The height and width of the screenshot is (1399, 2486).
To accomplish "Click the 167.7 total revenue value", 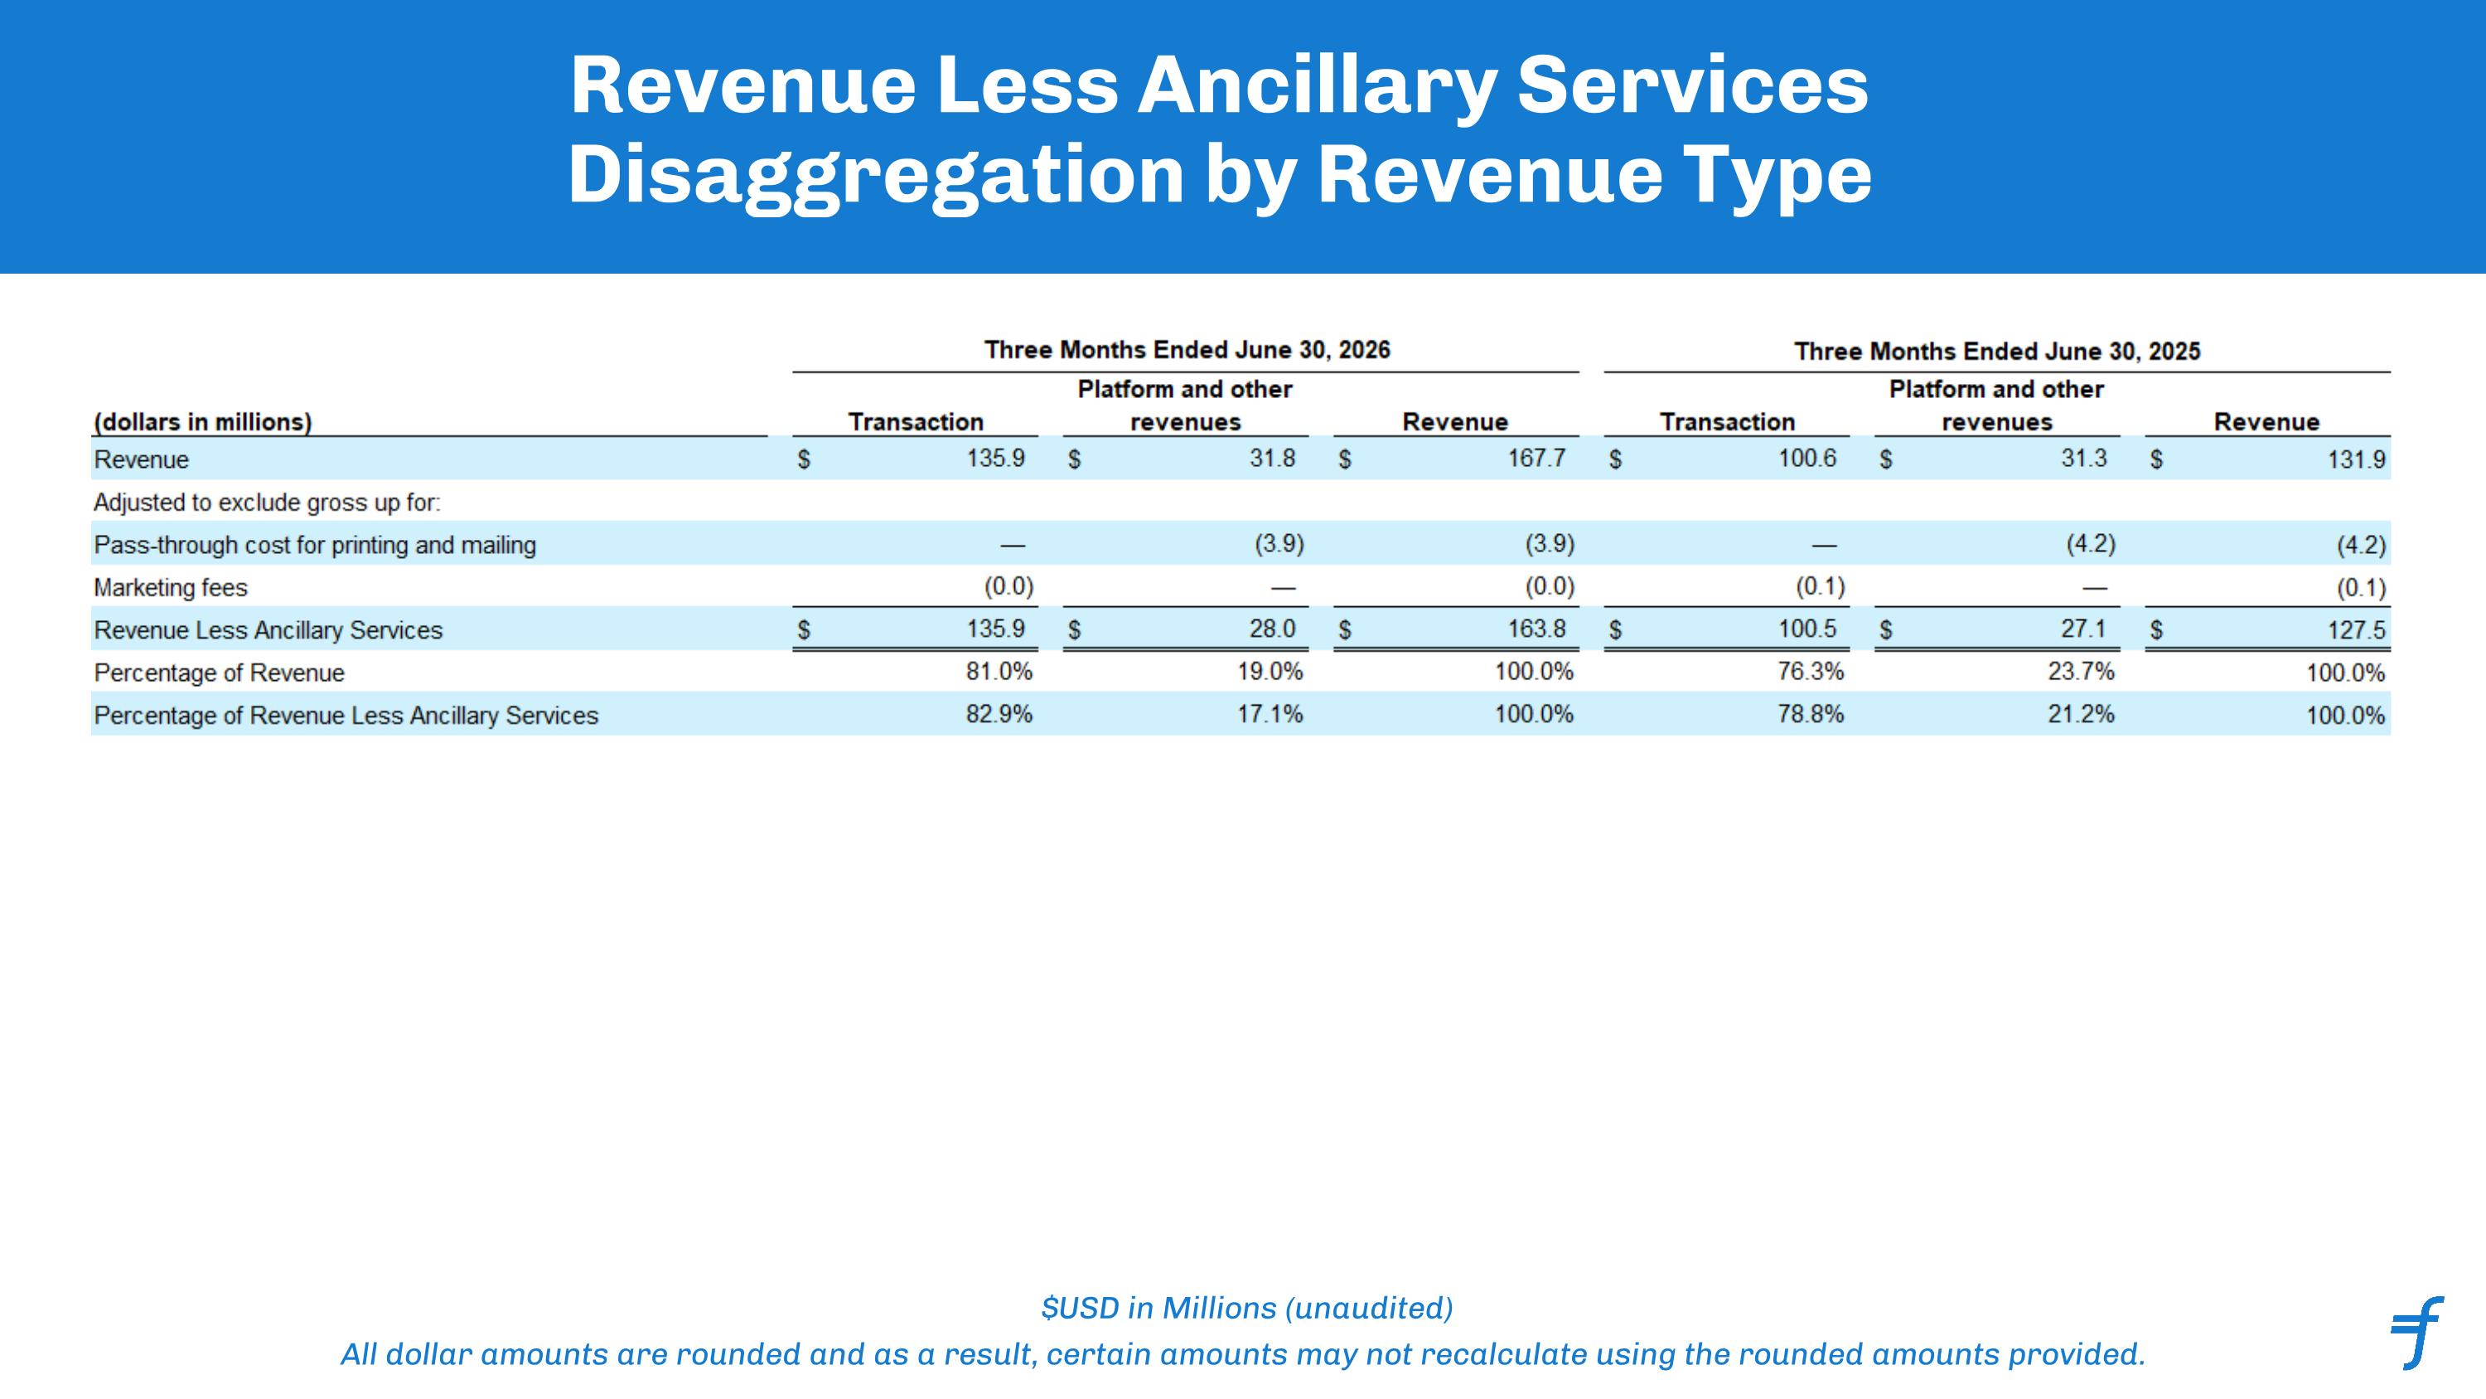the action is click(1536, 459).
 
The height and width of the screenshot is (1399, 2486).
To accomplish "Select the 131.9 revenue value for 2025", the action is click(2356, 459).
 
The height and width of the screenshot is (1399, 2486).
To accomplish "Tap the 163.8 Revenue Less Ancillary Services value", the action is click(1536, 629).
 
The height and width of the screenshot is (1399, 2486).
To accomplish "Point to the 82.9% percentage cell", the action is click(999, 715).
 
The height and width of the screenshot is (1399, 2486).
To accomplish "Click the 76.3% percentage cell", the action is click(1811, 671).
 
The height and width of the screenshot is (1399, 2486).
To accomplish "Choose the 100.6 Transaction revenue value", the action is click(1806, 459).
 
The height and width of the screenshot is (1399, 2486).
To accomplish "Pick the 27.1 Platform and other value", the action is click(2083, 629).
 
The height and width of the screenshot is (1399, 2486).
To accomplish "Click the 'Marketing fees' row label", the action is click(170, 588).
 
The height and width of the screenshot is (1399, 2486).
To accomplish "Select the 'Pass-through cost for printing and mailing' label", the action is click(315, 546).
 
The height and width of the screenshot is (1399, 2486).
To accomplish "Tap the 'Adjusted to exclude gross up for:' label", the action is click(266, 503).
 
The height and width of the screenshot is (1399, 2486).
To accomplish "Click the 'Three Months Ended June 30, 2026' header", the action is click(1187, 349).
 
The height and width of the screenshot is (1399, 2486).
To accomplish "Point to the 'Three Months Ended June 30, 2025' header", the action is click(1997, 351).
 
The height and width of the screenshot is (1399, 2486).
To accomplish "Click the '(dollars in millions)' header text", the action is click(203, 422).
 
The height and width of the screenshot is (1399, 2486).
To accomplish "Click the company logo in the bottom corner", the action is click(2416, 1333).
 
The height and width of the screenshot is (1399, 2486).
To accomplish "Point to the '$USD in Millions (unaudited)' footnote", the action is click(1247, 1309).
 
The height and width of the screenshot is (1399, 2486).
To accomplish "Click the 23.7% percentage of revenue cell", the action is click(2081, 671).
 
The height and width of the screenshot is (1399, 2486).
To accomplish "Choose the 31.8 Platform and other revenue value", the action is click(1272, 459).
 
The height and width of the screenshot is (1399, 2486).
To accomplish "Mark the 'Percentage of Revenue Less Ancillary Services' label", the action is click(346, 716).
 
